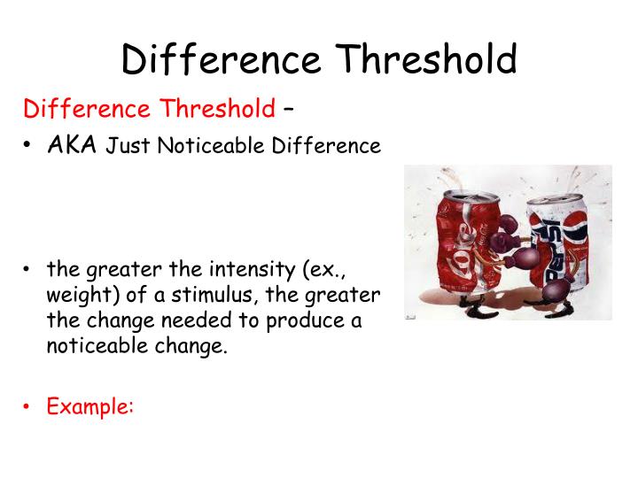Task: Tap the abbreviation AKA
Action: click(x=73, y=145)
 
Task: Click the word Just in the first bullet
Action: click(x=129, y=146)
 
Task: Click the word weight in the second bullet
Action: click(x=74, y=295)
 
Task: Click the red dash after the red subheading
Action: click(x=289, y=110)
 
